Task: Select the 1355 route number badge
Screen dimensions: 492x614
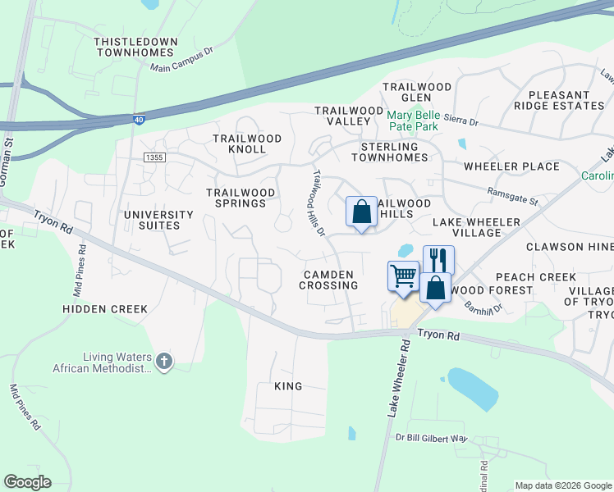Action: (x=153, y=157)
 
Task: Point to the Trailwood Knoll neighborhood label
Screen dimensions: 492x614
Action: (x=247, y=144)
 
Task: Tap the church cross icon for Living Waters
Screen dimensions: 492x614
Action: (x=164, y=361)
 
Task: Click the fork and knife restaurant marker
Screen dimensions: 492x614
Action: (x=438, y=260)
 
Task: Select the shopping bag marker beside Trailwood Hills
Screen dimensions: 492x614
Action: (x=361, y=212)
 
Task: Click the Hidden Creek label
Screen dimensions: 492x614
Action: (x=105, y=309)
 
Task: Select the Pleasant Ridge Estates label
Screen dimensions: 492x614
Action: (x=559, y=100)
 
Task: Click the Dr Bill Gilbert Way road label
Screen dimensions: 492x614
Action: (x=430, y=438)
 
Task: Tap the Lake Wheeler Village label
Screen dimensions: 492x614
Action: (x=476, y=227)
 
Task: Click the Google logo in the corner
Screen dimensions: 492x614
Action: (x=27, y=482)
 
